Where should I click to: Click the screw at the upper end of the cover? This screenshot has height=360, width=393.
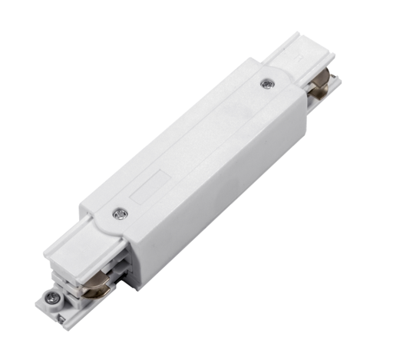pos(266,84)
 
